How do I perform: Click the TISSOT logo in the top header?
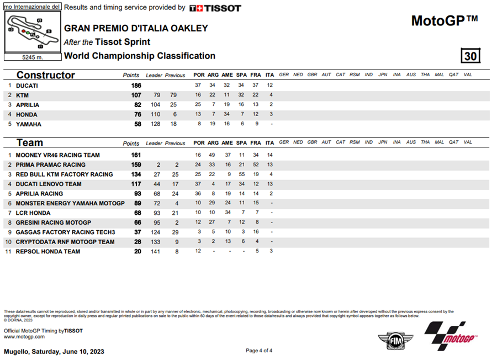[215, 8]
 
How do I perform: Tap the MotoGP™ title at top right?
[444, 21]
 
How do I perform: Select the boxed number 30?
[470, 56]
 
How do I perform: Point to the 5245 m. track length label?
[32, 57]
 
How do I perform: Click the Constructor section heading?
[45, 75]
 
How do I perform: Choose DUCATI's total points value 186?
[134, 86]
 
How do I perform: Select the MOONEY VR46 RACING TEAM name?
[58, 155]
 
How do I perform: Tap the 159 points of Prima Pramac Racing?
[134, 165]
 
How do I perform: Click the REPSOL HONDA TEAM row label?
[48, 251]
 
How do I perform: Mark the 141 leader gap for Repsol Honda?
[156, 251]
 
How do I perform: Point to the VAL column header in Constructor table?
[468, 75]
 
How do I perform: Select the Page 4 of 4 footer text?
[259, 351]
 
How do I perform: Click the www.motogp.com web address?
[24, 336]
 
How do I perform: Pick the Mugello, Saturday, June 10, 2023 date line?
[54, 351]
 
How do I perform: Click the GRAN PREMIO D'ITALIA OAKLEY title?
[136, 28]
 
